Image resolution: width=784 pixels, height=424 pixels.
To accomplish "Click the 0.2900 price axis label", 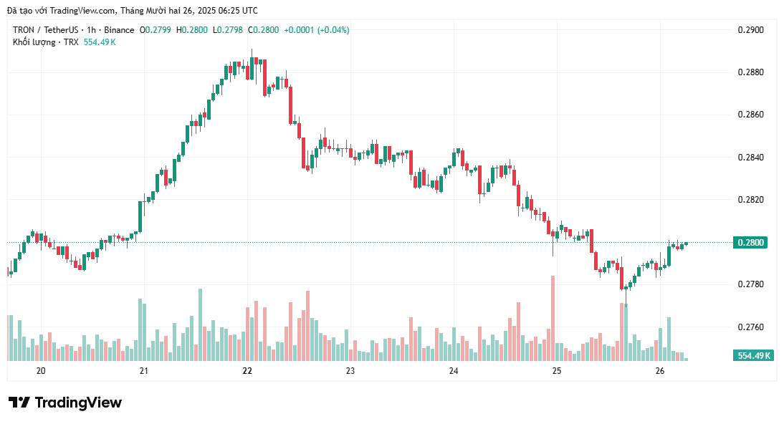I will pos(750,30).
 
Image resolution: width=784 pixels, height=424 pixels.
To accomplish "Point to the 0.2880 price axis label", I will pos(750,72).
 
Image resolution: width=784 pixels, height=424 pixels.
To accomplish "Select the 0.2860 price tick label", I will pos(750,115).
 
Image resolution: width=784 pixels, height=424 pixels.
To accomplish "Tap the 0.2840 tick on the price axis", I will pos(750,158).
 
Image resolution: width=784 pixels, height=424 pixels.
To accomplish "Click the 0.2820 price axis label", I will pos(750,200).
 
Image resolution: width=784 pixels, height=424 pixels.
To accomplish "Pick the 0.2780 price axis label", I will pos(750,284).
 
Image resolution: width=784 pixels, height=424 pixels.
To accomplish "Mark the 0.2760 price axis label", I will pos(750,327).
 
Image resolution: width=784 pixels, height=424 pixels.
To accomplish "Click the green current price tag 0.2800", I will pos(751,242).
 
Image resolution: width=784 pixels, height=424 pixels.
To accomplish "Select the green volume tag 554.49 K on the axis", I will pos(754,355).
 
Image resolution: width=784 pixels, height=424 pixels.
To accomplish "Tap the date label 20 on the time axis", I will pos(41,371).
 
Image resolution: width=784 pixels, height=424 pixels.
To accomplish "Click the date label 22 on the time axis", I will pos(247,371).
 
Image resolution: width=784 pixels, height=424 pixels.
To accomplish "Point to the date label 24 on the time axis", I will pos(454,371).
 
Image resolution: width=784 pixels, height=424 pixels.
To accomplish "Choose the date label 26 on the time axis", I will pos(660,371).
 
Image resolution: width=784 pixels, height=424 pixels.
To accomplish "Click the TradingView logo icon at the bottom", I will pos(19,403).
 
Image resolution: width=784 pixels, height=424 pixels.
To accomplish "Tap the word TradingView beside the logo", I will pos(78,403).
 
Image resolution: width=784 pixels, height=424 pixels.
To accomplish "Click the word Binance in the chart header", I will pos(118,30).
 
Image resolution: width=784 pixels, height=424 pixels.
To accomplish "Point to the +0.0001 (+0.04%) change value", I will pos(317,30).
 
